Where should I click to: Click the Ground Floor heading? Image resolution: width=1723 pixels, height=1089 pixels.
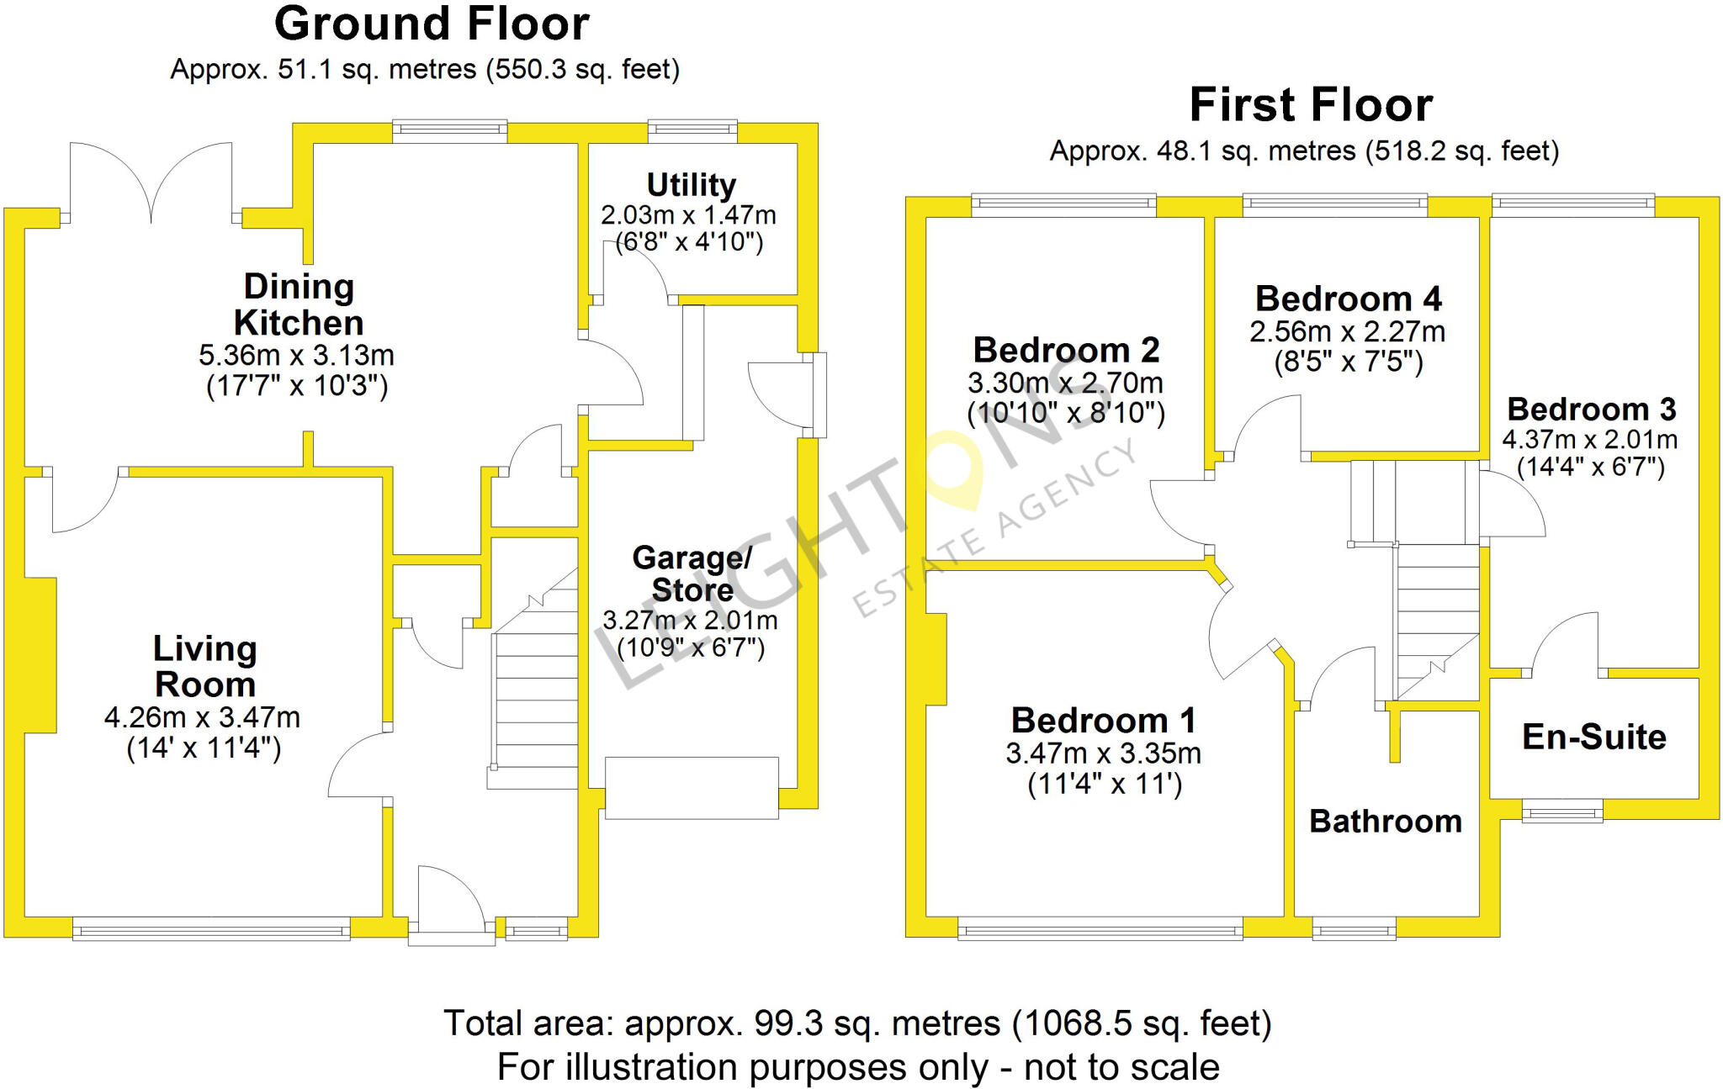431,24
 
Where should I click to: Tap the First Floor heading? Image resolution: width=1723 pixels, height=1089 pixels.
1310,106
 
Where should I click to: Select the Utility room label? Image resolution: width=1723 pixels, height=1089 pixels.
691,185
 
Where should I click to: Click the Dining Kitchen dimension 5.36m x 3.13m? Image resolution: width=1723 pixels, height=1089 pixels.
296,355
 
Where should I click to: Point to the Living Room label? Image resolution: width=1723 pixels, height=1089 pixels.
204,666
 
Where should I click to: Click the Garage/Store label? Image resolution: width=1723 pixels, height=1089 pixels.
692,574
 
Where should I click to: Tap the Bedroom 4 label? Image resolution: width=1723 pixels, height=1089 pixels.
1348,299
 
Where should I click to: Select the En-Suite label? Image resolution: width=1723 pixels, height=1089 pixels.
1593,737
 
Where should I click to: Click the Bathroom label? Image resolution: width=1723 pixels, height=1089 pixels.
1386,821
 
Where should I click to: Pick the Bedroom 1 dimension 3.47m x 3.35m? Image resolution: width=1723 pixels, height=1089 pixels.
1103,753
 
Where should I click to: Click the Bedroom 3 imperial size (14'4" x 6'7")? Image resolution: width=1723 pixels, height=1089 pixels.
1590,467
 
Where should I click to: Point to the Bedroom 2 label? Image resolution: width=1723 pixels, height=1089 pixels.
1066,350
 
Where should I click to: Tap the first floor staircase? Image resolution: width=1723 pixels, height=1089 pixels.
1437,622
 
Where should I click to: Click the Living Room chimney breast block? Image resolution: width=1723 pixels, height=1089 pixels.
40,654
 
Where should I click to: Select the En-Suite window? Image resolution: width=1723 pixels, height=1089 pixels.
1562,813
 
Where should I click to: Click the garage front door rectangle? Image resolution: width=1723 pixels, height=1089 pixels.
692,788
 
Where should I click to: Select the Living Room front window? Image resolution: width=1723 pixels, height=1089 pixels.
210,929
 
